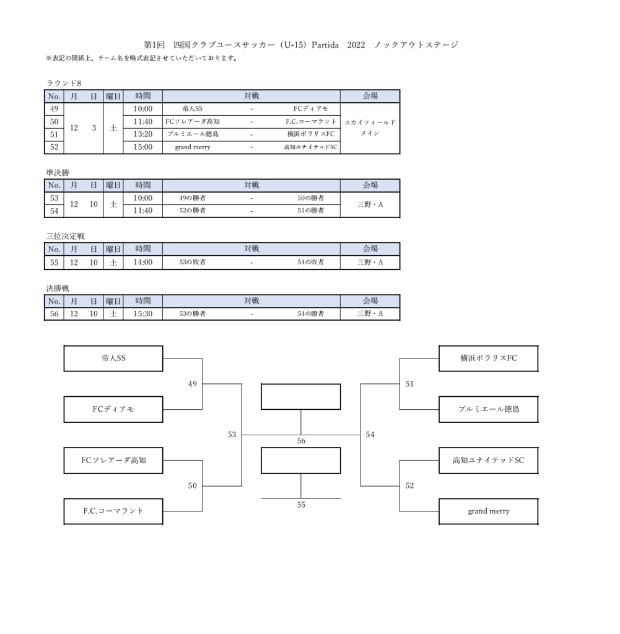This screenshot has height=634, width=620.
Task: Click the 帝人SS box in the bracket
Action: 113,358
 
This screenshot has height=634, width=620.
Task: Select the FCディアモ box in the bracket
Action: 113,409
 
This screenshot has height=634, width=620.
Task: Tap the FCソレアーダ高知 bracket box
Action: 113,460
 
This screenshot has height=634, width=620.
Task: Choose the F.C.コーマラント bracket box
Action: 113,511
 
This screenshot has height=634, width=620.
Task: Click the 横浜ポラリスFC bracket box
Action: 488,358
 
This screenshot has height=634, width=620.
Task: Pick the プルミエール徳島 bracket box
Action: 488,409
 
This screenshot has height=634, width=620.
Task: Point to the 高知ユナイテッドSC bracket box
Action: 488,460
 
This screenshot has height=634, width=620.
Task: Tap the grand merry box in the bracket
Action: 488,511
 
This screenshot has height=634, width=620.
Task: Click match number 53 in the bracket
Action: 232,435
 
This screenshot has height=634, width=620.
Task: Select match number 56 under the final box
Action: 301,441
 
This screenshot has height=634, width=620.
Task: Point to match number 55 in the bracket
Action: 301,505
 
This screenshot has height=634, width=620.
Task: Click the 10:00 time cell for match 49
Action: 142,109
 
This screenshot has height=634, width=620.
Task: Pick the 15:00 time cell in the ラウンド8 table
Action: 142,147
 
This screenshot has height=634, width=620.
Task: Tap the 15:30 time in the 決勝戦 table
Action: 142,314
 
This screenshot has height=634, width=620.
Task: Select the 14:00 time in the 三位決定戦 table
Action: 142,263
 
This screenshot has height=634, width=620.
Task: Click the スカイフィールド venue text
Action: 370,123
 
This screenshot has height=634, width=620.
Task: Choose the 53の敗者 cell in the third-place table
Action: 192,263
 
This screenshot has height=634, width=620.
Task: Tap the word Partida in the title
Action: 320,45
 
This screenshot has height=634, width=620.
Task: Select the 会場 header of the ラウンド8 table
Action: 370,96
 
